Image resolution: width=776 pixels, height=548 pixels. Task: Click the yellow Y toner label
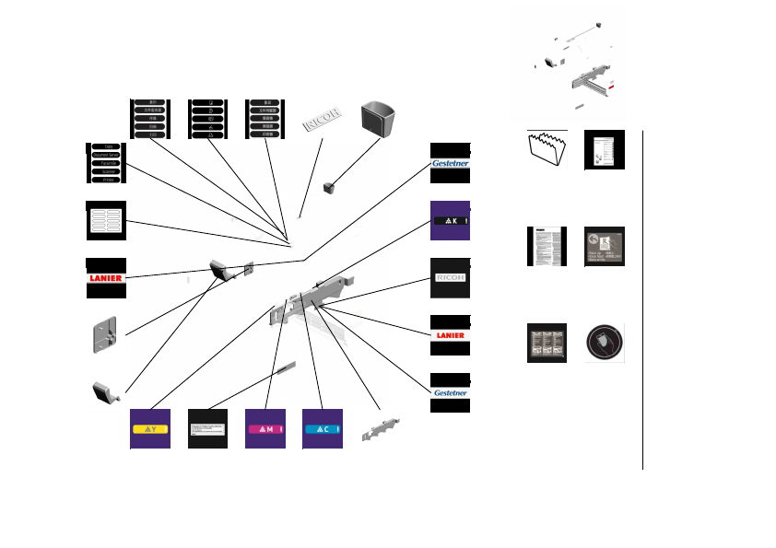point(149,429)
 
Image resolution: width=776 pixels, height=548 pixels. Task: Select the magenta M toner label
point(265,429)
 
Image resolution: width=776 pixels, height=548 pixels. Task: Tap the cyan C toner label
point(323,429)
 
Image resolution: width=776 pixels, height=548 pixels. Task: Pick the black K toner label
point(451,221)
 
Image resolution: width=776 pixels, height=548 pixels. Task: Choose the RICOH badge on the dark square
point(451,277)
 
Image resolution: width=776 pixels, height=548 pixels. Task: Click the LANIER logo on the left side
point(106,277)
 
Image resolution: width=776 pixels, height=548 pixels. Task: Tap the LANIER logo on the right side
point(451,335)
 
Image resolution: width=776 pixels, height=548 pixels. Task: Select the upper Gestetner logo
point(451,163)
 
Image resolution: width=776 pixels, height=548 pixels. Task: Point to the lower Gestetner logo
point(451,392)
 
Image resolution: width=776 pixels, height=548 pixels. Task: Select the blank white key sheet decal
point(106,220)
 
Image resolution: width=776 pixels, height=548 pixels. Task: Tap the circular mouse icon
point(605,343)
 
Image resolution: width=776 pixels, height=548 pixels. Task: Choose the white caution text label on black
point(207,429)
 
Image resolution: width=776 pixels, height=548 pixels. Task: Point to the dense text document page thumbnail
point(547,247)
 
